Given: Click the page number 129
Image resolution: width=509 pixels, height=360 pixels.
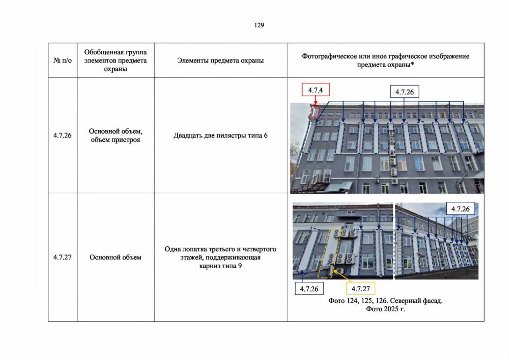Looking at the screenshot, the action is pyautogui.click(x=259, y=25).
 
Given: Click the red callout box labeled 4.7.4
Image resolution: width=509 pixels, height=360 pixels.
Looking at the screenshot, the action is pyautogui.click(x=316, y=90).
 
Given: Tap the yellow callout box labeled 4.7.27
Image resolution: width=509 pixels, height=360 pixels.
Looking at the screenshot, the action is pyautogui.click(x=361, y=289).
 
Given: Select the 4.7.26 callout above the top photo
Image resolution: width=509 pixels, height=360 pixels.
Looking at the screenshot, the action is pyautogui.click(x=405, y=91).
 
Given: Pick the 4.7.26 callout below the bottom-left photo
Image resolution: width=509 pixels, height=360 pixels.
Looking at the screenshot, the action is pyautogui.click(x=309, y=289).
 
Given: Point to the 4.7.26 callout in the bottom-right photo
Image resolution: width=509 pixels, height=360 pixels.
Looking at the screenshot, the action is pyautogui.click(x=460, y=208).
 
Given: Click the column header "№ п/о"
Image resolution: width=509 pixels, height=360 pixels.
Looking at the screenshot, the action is pyautogui.click(x=62, y=60).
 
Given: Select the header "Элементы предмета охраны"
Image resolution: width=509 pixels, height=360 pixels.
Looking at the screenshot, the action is pyautogui.click(x=220, y=60).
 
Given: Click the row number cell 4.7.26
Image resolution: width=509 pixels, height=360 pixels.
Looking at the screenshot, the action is pyautogui.click(x=62, y=135).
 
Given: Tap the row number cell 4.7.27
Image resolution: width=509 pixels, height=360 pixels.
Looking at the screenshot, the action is pyautogui.click(x=62, y=257).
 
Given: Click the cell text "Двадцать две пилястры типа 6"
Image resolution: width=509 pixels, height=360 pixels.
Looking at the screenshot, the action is pyautogui.click(x=220, y=135).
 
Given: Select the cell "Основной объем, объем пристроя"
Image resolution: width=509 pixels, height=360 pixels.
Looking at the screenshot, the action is pyautogui.click(x=116, y=135).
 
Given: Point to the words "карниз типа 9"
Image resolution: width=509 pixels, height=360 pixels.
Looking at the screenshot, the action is pyautogui.click(x=220, y=265).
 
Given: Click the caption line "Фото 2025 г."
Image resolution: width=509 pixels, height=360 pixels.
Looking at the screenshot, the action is pyautogui.click(x=385, y=309).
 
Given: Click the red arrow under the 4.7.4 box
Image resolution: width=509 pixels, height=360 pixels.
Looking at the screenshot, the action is pyautogui.click(x=315, y=100).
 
